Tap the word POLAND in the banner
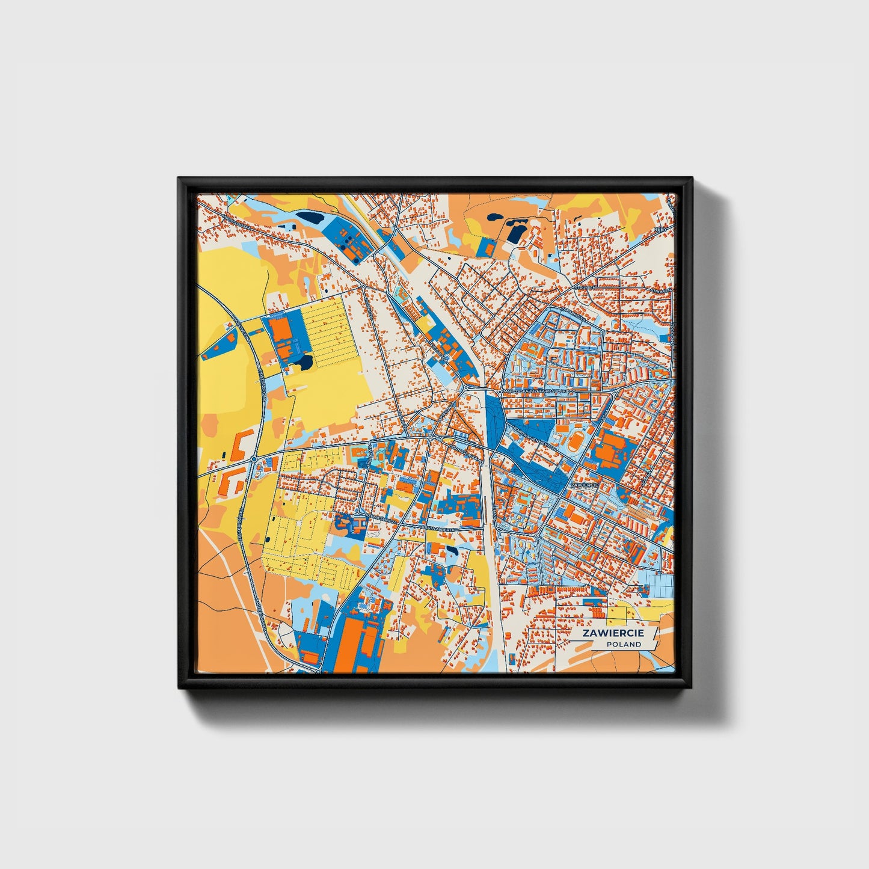[623, 644]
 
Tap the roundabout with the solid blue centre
[254, 459]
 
